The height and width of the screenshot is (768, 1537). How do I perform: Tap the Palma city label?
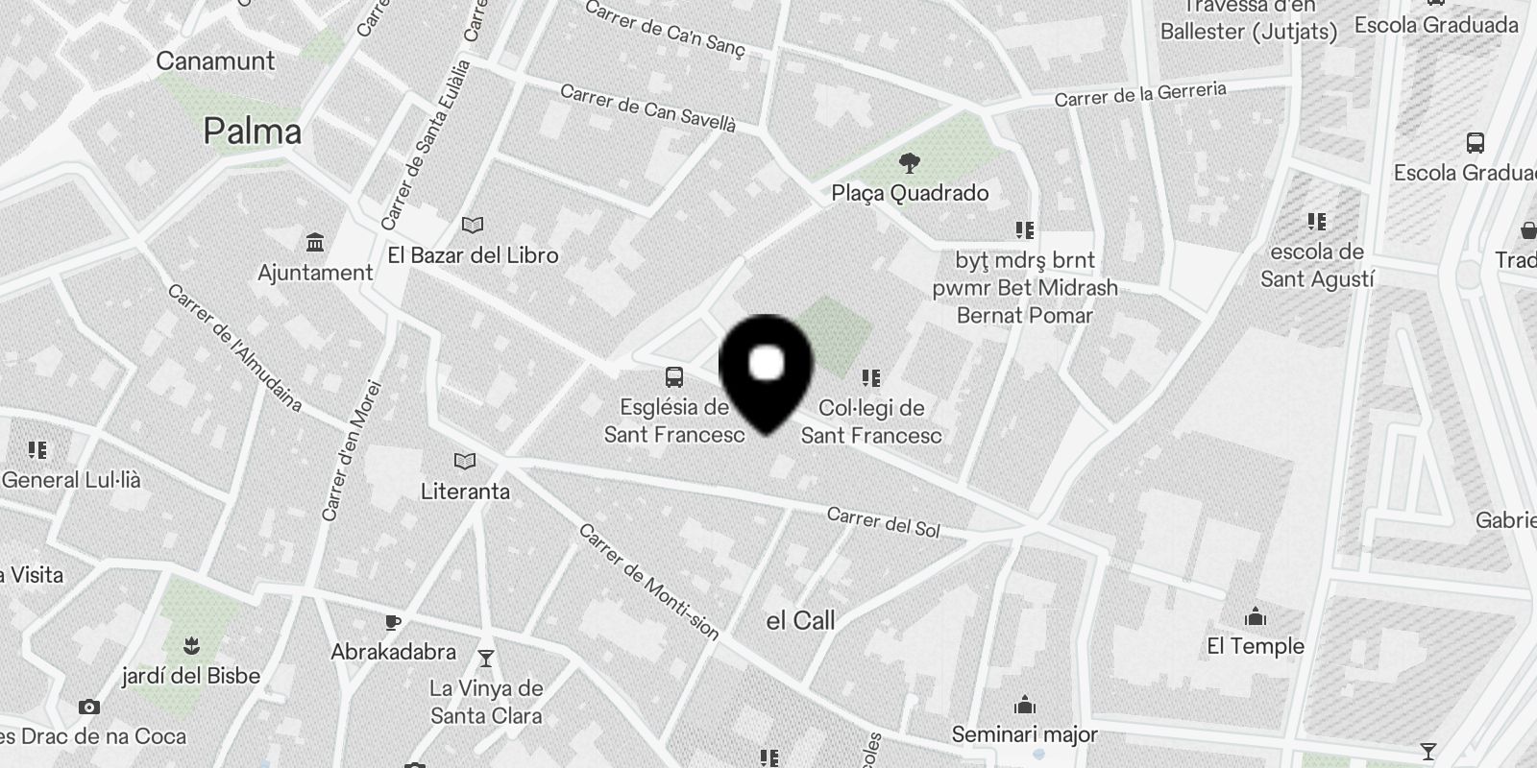[x=253, y=132]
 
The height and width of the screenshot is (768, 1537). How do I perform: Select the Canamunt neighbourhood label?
[x=215, y=61]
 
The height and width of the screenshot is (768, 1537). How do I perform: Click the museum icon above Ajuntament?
[x=314, y=241]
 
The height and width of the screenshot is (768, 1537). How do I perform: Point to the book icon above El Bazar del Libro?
[x=472, y=225]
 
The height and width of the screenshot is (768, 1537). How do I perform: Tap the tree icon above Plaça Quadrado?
[x=909, y=163]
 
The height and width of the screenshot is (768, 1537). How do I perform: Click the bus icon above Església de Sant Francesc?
[x=674, y=376]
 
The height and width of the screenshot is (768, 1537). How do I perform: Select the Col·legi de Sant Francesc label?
[x=871, y=421]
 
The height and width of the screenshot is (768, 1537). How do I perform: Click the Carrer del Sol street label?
[x=883, y=523]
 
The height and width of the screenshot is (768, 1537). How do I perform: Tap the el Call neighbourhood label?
[x=800, y=621]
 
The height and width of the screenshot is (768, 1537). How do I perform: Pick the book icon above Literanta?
[x=465, y=462]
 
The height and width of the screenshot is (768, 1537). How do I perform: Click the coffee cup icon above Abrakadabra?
[x=392, y=622]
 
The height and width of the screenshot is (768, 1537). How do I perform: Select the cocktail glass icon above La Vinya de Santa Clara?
[x=486, y=658]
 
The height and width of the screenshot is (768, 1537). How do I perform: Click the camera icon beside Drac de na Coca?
[x=89, y=708]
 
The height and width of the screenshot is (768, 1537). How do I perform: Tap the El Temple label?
[x=1256, y=646]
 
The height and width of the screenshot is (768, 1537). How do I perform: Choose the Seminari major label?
[x=1024, y=735]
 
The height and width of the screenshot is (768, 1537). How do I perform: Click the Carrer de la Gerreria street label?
[x=1140, y=94]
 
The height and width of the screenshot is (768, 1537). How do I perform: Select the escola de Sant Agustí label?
[x=1317, y=266]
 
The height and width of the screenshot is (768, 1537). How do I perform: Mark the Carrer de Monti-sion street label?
[x=648, y=582]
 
